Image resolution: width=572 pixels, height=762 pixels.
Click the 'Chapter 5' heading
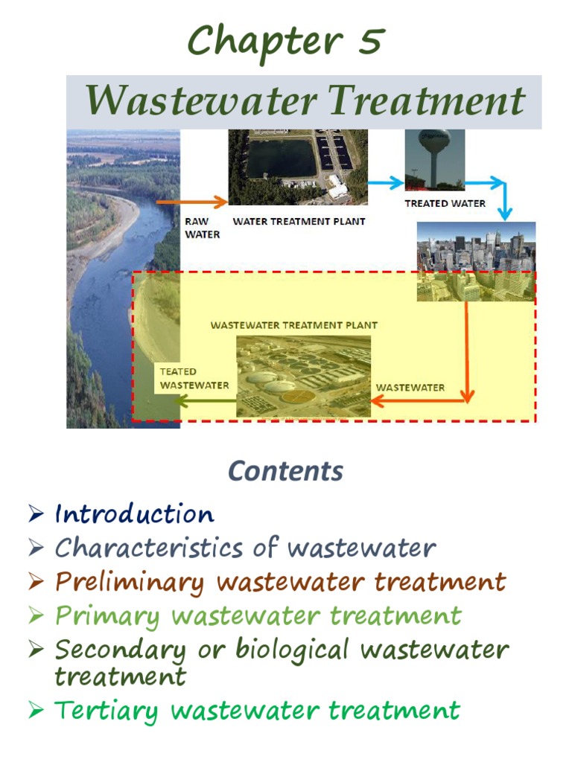pyautogui.click(x=285, y=41)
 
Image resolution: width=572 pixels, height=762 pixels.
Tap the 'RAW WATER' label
pyautogui.click(x=201, y=228)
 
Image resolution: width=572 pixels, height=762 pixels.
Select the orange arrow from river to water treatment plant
pyautogui.click(x=191, y=201)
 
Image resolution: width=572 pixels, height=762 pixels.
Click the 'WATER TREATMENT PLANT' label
pyautogui.click(x=299, y=221)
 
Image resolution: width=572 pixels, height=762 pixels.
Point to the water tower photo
pyautogui.click(x=435, y=159)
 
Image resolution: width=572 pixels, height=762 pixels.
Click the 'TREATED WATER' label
pyautogui.click(x=445, y=203)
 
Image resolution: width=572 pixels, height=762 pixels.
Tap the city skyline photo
pyautogui.click(x=475, y=260)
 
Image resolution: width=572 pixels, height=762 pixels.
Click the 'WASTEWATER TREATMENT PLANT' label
pyautogui.click(x=293, y=325)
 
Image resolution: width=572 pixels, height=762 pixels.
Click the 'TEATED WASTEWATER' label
pyautogui.click(x=194, y=378)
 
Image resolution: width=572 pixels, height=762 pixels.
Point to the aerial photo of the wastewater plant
pyautogui.click(x=303, y=376)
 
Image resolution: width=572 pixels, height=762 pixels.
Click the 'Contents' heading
pyautogui.click(x=285, y=471)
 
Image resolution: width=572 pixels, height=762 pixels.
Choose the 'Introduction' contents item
pyautogui.click(x=134, y=514)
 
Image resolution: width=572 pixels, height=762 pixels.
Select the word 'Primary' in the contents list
pyautogui.click(x=107, y=616)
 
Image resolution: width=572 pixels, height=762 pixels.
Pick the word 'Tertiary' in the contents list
pyautogui.click(x=106, y=711)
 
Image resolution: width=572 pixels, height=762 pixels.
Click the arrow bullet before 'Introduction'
pyautogui.click(x=36, y=513)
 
